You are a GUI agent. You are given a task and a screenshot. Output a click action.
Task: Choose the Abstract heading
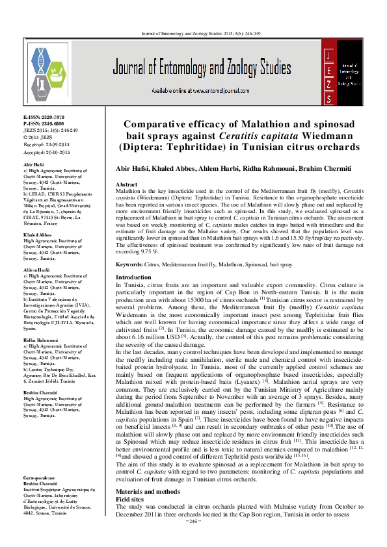point(126,184)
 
